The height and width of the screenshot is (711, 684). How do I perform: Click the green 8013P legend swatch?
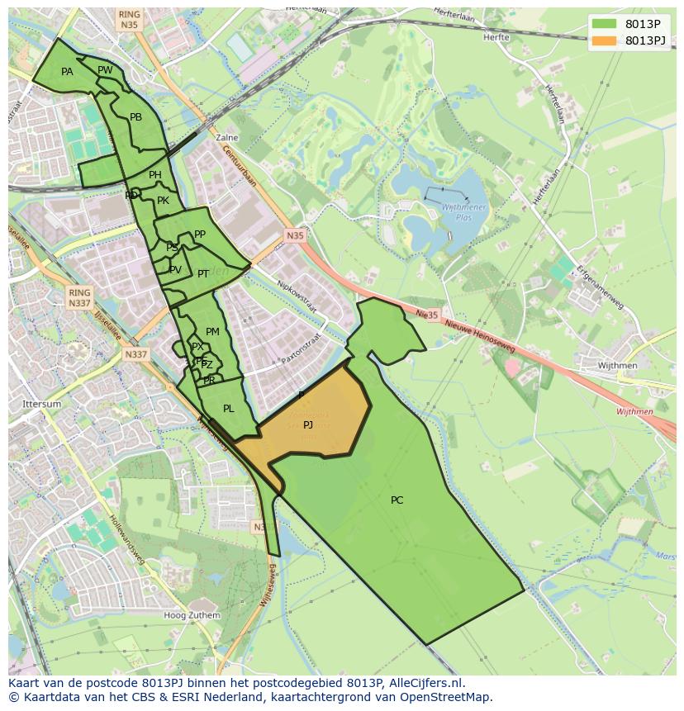(604, 24)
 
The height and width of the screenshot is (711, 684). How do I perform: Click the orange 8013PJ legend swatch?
(604, 40)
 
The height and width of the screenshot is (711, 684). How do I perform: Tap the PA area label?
(67, 72)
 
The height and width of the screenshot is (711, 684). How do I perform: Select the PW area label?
(105, 70)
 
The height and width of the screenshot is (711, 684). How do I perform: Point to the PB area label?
(136, 117)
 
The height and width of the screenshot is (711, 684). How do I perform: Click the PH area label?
(155, 175)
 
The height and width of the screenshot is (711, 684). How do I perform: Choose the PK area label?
(163, 201)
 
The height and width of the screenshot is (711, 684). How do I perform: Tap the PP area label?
(200, 235)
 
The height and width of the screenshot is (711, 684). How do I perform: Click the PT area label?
(203, 273)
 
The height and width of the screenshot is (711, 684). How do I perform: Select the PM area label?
(212, 332)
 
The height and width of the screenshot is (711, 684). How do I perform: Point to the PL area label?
(229, 408)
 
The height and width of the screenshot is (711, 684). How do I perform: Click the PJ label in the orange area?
(308, 424)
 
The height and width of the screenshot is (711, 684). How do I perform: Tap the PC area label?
(397, 500)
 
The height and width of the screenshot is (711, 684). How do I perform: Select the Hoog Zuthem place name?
(192, 615)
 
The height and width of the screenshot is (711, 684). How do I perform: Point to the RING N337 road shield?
(79, 298)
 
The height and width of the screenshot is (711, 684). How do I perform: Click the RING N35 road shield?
(129, 20)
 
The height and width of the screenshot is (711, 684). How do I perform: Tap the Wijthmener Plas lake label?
(458, 214)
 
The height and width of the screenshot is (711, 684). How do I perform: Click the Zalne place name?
(226, 138)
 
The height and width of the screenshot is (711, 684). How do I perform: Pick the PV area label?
(175, 270)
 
